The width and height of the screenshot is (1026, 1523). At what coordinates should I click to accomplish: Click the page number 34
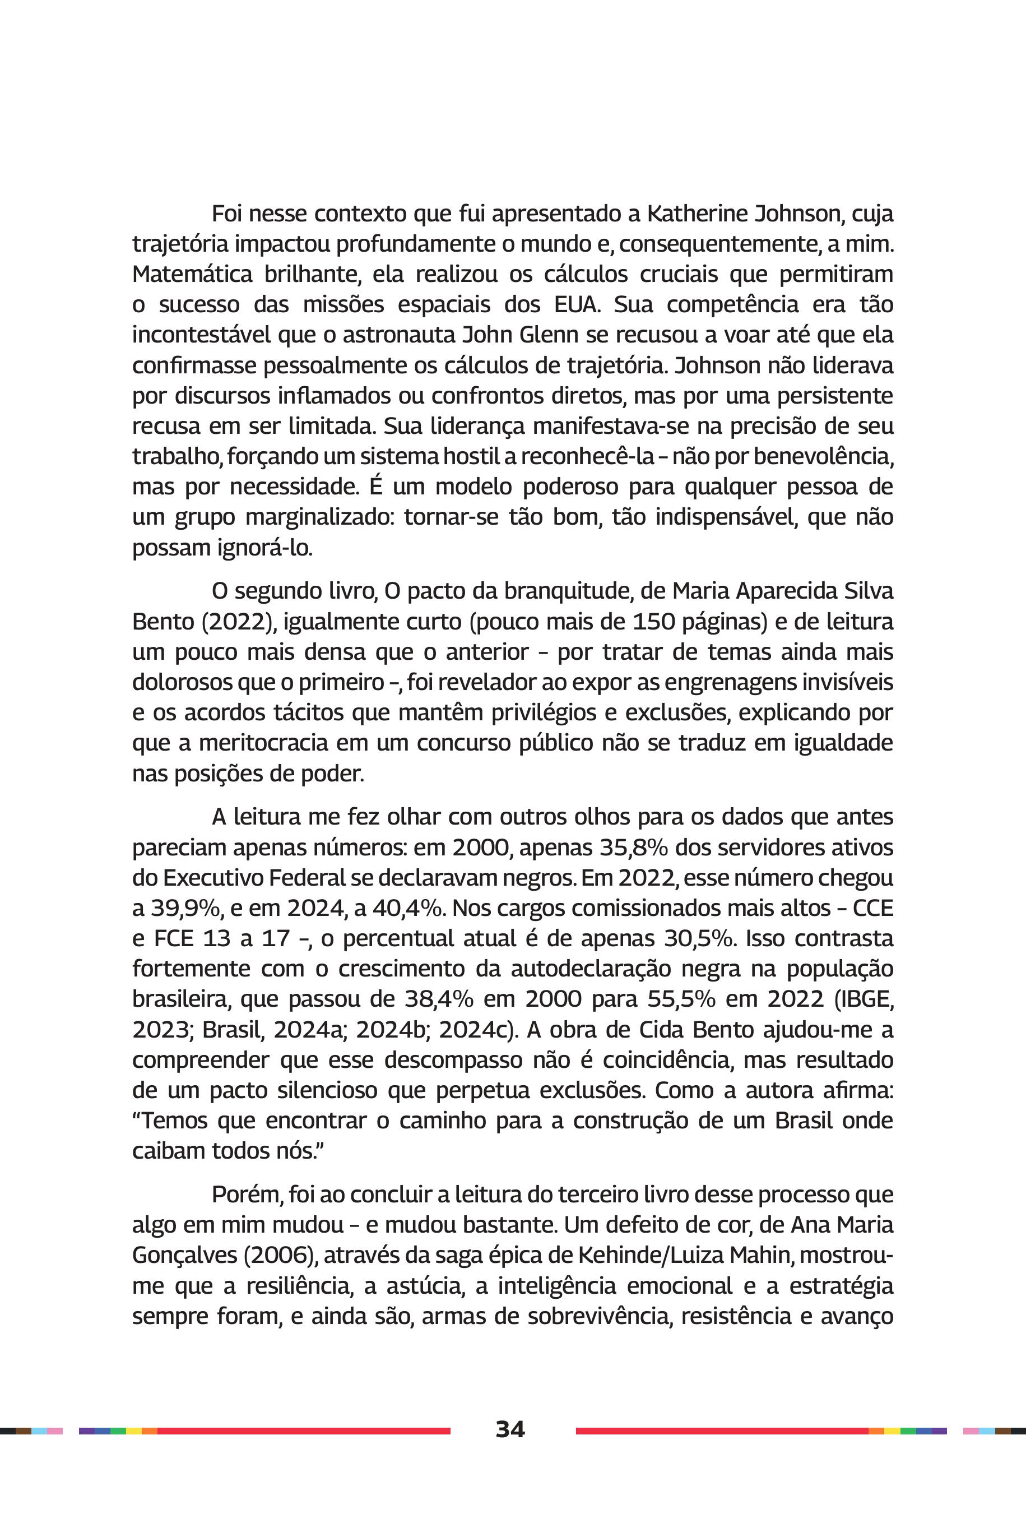point(510,1429)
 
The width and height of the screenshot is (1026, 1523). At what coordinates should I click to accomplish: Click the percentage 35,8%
point(633,848)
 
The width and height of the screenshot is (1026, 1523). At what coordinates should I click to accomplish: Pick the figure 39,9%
point(177,909)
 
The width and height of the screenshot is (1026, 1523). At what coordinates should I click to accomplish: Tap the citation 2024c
point(475,1030)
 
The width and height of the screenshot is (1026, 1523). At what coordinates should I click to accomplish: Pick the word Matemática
point(192,274)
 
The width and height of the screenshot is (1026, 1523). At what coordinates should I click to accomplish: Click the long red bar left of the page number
point(304,1431)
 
